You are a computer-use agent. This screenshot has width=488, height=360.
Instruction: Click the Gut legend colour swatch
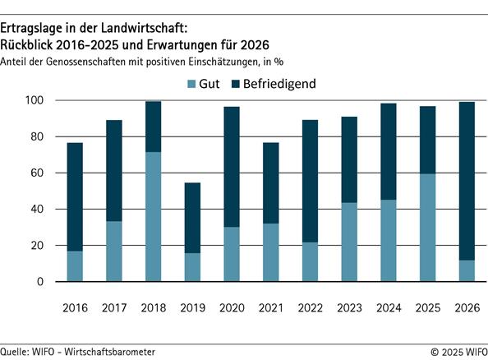click(191, 84)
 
